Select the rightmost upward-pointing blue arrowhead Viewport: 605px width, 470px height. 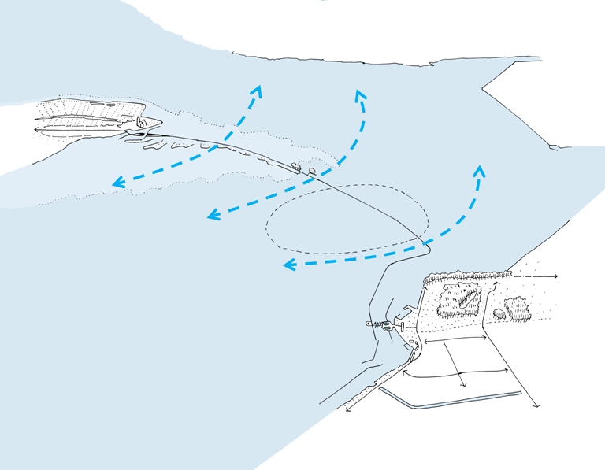480,169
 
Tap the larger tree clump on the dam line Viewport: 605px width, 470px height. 295,168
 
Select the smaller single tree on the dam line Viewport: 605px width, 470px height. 312,170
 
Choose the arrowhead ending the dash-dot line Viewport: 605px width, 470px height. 555,276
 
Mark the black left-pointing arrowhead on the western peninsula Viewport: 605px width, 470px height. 37,128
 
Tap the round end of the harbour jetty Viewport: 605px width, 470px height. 369,324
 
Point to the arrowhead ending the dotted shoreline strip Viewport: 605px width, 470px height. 347,409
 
